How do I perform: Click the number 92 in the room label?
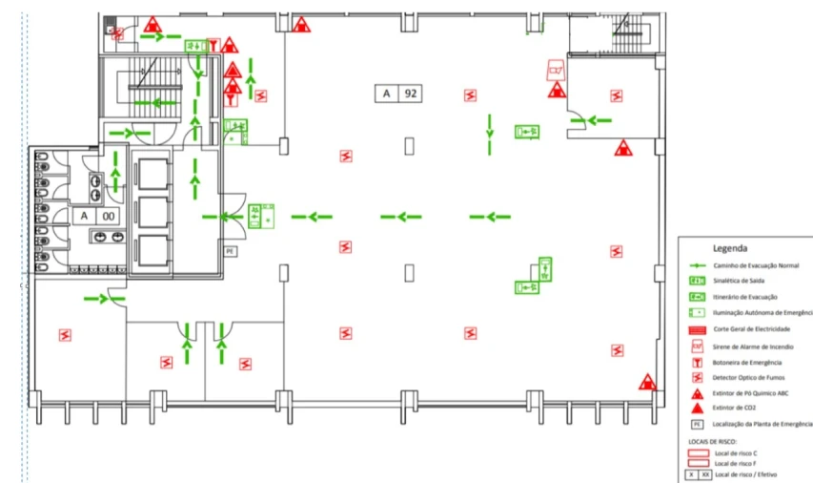[411, 94]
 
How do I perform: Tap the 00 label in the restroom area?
[109, 216]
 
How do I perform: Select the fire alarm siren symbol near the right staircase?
[555, 71]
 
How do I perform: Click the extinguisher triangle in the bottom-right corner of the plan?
[647, 382]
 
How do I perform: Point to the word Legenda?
[730, 247]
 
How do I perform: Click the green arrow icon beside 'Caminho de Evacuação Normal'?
[697, 264]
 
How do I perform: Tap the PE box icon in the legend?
[697, 424]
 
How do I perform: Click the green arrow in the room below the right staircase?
[598, 120]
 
